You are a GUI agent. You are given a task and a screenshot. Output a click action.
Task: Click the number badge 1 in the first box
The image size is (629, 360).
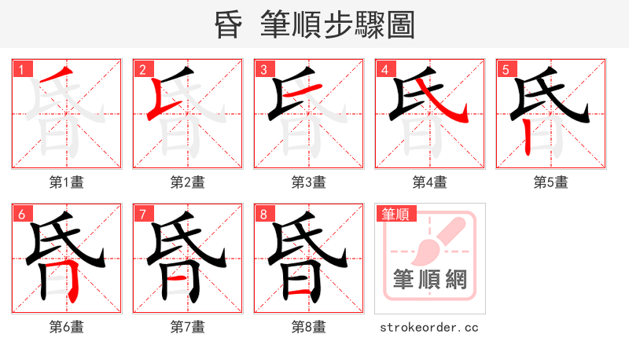(x=20, y=70)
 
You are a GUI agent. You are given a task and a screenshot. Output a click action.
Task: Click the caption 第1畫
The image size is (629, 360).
(x=66, y=182)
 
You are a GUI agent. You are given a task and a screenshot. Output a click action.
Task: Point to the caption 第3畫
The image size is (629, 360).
(x=308, y=182)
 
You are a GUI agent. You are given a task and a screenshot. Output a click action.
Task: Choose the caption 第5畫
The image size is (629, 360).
(x=550, y=182)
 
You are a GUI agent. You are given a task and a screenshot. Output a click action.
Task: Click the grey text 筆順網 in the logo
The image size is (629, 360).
(x=429, y=279)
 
